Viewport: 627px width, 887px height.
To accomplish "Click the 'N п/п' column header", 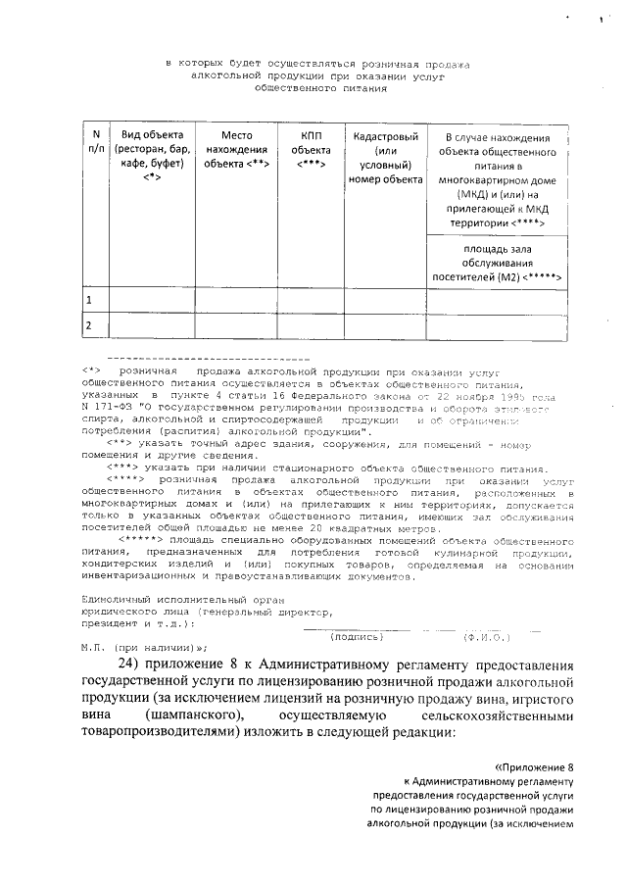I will pos(94,145).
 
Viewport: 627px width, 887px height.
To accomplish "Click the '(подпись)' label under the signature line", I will pos(357,636).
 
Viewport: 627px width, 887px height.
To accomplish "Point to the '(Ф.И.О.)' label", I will pos(483,636).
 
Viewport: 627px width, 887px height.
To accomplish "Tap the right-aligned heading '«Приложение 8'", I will pos(532,764).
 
